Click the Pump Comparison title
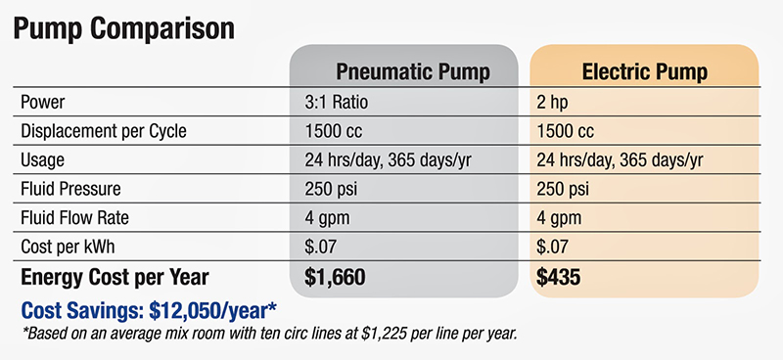pyautogui.click(x=122, y=26)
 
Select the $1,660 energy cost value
pyautogui.click(x=336, y=278)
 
